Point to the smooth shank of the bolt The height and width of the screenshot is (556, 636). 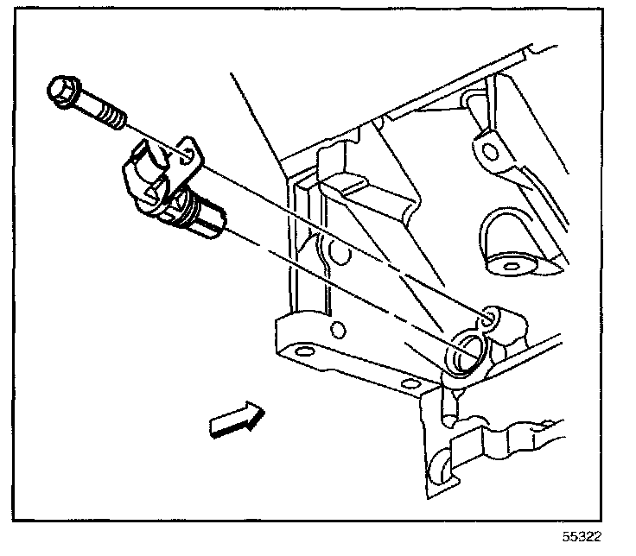coord(87,102)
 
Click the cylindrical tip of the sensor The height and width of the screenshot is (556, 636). coord(208,224)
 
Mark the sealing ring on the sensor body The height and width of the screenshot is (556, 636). coord(184,208)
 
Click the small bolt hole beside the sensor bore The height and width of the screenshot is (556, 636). coord(490,319)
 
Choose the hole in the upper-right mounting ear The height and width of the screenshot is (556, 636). coord(490,152)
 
